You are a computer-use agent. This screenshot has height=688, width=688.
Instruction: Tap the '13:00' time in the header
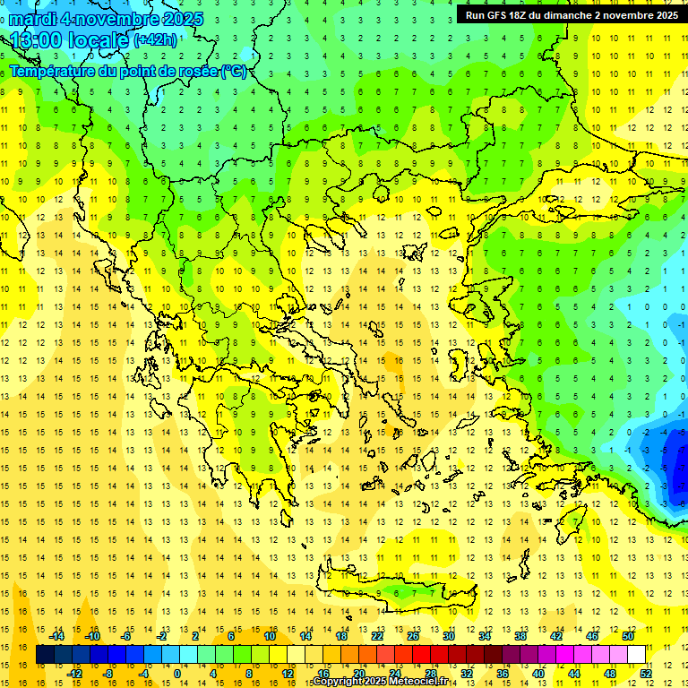click(x=36, y=40)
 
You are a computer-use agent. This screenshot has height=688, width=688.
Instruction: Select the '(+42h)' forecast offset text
click(x=154, y=40)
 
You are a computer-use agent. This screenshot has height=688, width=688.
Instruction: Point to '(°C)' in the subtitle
click(x=233, y=71)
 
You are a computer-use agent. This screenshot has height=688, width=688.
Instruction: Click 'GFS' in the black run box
click(x=494, y=15)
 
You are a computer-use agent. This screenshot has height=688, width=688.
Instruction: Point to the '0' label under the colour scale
click(x=177, y=674)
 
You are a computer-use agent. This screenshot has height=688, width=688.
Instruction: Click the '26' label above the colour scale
click(x=413, y=636)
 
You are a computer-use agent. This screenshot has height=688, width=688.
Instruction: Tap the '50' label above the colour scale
click(x=627, y=636)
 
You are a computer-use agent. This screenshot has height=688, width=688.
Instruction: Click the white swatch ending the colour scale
click(x=637, y=655)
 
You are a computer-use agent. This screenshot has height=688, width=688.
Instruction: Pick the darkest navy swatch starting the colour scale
click(x=45, y=655)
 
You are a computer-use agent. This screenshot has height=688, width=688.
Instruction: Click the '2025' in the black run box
click(x=660, y=15)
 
